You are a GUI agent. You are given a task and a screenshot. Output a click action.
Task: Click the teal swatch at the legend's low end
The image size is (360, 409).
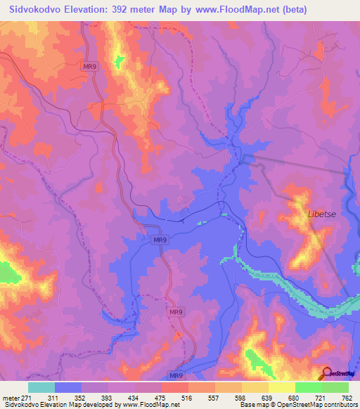click(x=41, y=387)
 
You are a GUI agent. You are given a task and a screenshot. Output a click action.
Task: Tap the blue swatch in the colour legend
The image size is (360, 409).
click(x=68, y=387)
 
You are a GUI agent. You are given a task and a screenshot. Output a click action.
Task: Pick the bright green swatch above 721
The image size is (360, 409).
click(x=309, y=387)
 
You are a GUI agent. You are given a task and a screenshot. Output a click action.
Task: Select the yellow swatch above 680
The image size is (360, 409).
click(x=282, y=387)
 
